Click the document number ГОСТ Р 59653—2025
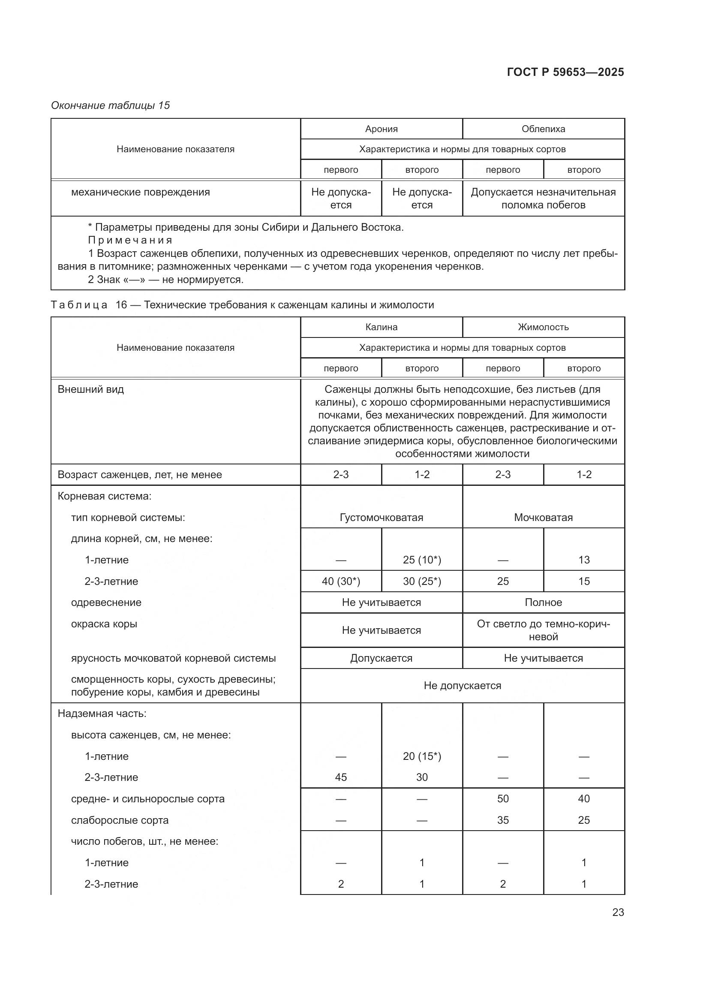point(565,72)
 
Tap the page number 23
point(618,912)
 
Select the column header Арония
point(381,129)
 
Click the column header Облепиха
point(543,129)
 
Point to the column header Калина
point(381,327)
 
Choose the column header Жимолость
point(543,327)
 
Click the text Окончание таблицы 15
point(111,105)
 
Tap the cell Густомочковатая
point(381,517)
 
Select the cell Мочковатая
point(543,517)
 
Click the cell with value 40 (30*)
point(340,581)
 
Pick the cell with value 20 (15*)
point(422,756)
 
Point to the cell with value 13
point(584,560)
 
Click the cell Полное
point(543,602)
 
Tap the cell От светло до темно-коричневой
point(543,630)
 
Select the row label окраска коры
point(104,624)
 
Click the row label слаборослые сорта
point(120,820)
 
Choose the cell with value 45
point(340,777)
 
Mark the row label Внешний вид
point(91,389)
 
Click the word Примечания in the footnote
point(130,240)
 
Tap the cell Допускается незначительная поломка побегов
point(543,199)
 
